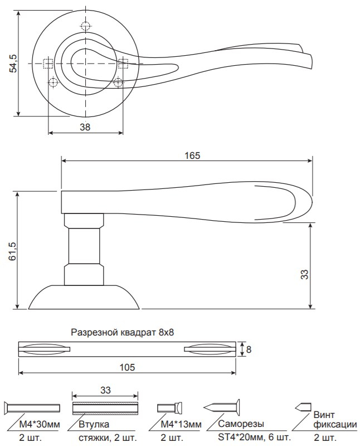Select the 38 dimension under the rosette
(x=85, y=127)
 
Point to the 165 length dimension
(x=192, y=154)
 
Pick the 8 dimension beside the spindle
(x=249, y=350)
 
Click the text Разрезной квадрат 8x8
(x=123, y=333)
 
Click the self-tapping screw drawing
(x=222, y=407)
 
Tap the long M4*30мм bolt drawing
(x=32, y=407)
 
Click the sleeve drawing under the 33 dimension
(x=105, y=407)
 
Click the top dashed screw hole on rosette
(x=85, y=26)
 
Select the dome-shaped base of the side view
(x=84, y=297)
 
